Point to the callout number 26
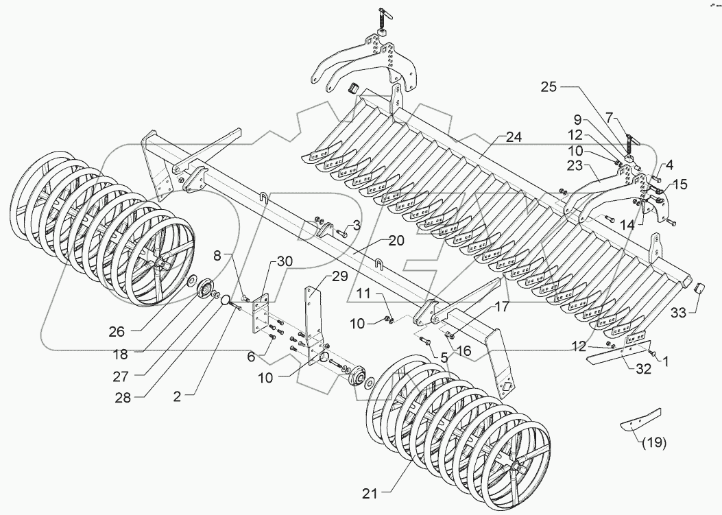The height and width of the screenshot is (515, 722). (117, 331)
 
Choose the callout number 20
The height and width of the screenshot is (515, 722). (396, 241)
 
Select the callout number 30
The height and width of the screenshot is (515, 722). (285, 261)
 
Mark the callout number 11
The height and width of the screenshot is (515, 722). (363, 294)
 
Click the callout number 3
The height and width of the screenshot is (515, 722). (357, 225)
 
